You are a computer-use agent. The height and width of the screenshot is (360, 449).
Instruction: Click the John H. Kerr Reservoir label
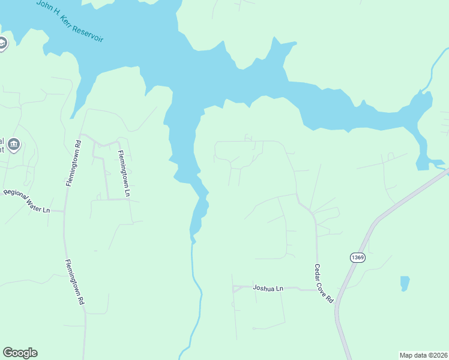pos(70,21)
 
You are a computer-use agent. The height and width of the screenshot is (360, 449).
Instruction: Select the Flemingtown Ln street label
pos(124,174)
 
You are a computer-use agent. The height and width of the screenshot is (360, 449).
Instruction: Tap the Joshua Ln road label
pos(267,289)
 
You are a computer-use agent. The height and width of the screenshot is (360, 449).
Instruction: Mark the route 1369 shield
pos(357,257)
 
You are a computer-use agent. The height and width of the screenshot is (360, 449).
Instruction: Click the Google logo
pos(20,353)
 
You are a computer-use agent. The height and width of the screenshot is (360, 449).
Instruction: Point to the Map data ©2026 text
pos(423,355)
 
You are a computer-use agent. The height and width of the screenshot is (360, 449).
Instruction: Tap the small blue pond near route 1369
pos(405,283)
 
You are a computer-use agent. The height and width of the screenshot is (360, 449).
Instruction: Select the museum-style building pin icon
pos(14,144)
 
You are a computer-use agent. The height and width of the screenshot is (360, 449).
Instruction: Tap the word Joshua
pos(264,289)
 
